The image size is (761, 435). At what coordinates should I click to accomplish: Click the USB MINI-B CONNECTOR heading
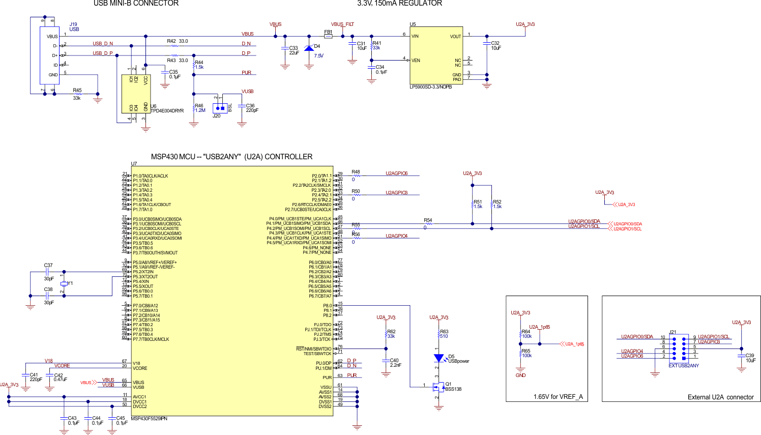pos(136,4)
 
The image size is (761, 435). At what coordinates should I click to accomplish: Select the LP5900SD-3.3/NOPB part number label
pos(430,87)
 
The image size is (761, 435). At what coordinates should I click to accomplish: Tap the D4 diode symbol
pos(308,48)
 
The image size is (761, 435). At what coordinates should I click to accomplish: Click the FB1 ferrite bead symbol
pos(328,36)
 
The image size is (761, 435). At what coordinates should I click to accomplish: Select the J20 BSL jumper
pos(220,107)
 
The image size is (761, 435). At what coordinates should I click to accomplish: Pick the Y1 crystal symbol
pos(64,283)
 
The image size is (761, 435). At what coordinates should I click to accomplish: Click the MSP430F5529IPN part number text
pos(149,419)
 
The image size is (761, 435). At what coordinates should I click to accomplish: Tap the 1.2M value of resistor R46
pos(200,110)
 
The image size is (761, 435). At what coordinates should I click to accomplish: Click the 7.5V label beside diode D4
pos(318,56)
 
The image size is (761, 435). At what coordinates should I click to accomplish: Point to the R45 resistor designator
pos(77,90)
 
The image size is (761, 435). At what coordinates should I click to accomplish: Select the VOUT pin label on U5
pos(455,37)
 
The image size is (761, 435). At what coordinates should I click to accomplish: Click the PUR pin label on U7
pos(327,378)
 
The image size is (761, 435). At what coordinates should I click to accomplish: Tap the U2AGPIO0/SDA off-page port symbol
pos(625,224)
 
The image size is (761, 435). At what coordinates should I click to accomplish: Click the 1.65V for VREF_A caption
pos(558,397)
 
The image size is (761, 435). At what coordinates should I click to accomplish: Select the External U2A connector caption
pos(720,397)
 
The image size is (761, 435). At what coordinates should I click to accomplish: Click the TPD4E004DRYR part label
pos(167,111)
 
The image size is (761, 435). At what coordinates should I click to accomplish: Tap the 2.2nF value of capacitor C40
pos(395,365)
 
